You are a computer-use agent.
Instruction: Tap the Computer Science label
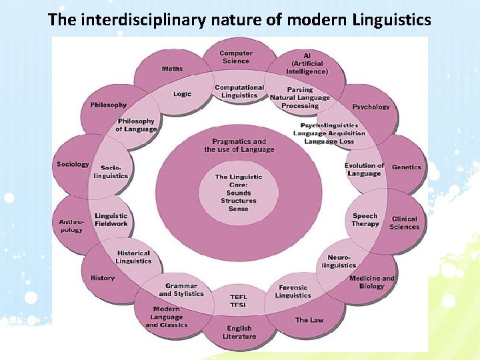pos(236,57)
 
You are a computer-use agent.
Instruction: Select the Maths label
pos(172,69)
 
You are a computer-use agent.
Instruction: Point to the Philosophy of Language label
pos(136,125)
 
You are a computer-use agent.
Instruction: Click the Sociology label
pos(73,164)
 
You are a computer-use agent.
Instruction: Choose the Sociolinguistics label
pos(111,172)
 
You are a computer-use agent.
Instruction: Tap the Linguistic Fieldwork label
pos(111,220)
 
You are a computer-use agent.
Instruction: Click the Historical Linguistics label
pos(133,257)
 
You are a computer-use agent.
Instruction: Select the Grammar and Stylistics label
pos(181,290)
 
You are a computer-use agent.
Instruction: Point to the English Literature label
pos(239,332)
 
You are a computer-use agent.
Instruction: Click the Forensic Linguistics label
pos(293,291)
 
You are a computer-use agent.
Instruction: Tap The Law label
pos(309,320)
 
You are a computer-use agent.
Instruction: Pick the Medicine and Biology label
pos(372,282)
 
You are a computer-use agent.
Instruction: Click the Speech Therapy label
pos(365,220)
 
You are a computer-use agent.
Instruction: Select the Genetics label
pos(407,167)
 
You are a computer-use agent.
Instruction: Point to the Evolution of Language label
pos(364,169)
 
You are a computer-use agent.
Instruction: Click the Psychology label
pos(371,107)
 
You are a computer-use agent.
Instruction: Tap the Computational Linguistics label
pos(239,91)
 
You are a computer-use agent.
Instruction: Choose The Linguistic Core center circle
pos(239,193)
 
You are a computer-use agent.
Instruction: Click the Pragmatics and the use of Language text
pos(239,145)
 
